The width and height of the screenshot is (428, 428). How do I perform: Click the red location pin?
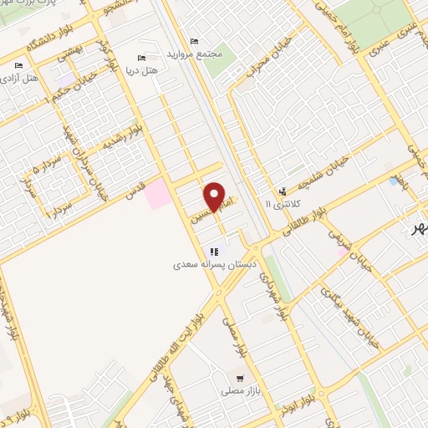(x=216, y=196)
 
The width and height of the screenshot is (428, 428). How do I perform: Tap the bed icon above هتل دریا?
(x=141, y=58)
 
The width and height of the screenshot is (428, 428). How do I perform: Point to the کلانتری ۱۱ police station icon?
(x=282, y=191)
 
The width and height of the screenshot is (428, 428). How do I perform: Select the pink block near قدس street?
(x=156, y=195)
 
